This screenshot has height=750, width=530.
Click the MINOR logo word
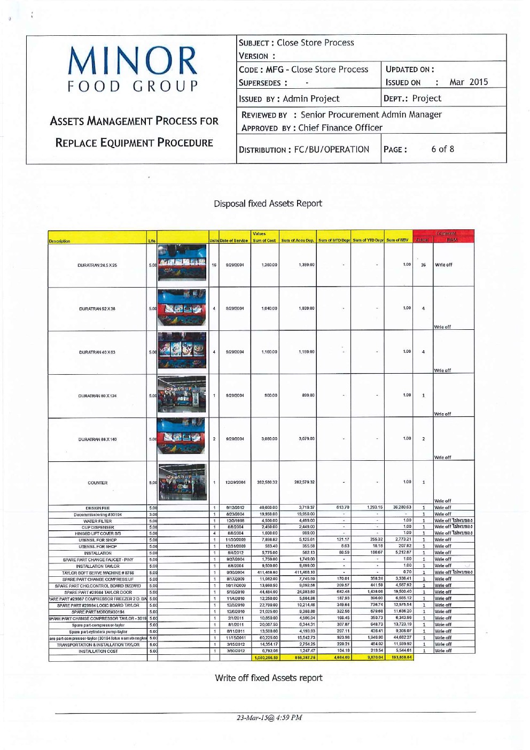pos(132,60)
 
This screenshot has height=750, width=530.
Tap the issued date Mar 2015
pos(469,82)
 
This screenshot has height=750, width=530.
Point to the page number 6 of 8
pos(442,149)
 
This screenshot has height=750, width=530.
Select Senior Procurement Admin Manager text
pos(371,114)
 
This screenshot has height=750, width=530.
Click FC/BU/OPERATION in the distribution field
pos(332,150)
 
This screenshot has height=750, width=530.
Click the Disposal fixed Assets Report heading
pos(268,204)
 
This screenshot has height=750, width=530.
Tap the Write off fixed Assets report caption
pos(269,678)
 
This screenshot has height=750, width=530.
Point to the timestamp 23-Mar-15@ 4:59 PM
pos(269,717)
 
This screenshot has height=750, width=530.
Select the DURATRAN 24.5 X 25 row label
pos(97,265)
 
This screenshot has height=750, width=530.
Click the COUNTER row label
pos(98,483)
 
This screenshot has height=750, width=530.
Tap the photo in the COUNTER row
pos(182,482)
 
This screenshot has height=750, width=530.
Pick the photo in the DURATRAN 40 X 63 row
pos(182,351)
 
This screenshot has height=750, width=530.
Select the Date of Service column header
pos(234,241)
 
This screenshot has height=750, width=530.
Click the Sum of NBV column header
pos(397,241)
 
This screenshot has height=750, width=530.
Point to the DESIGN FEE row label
pos(98,508)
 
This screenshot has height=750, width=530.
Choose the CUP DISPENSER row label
pos(98,527)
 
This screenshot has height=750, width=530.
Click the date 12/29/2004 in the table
pos(235,482)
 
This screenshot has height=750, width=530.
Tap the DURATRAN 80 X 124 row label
pos(97,396)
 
